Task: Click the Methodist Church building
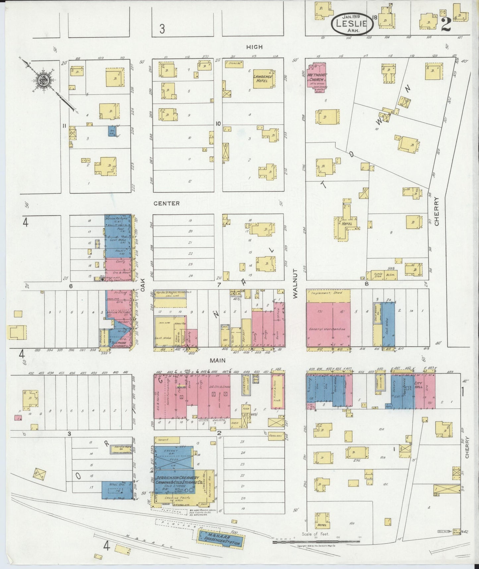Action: [317, 77]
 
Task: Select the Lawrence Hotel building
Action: [263, 79]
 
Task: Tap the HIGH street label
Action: [254, 47]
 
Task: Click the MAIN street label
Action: [217, 360]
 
